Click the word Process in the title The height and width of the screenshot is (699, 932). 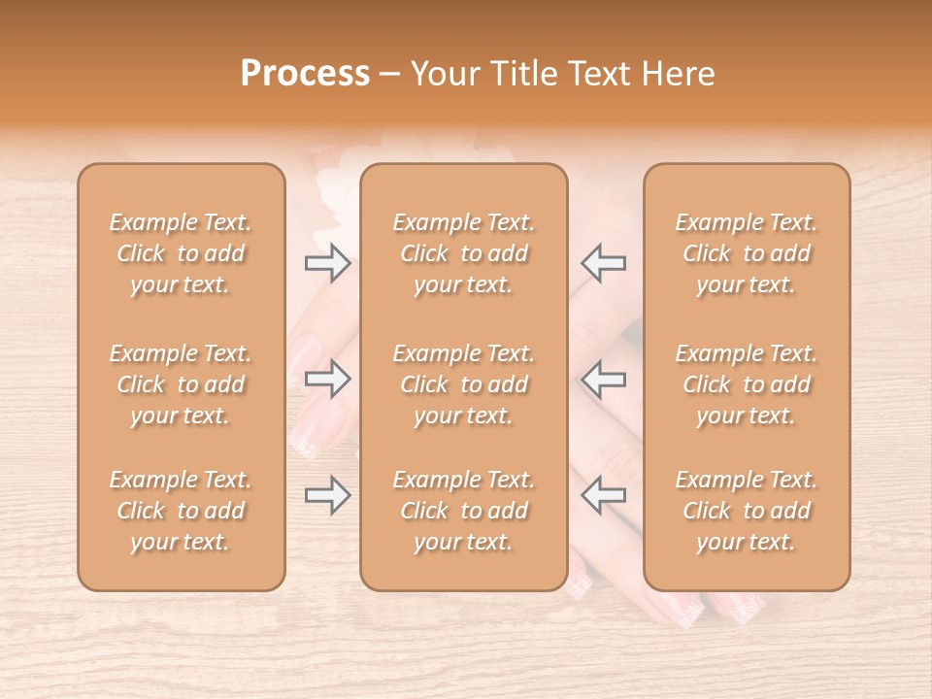coord(305,74)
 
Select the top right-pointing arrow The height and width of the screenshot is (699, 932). coord(327,263)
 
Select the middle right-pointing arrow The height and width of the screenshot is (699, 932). coord(327,379)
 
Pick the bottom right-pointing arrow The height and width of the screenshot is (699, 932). coord(327,495)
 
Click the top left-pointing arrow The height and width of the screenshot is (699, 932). coord(604,263)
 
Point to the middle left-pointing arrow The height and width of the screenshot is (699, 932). coord(604,379)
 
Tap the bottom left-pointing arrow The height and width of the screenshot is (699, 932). coord(604,495)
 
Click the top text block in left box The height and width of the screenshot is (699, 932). coord(181,253)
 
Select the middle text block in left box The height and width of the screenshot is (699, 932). coord(181,384)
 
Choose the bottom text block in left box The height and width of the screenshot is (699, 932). coord(181,511)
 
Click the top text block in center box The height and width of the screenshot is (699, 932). coord(463,253)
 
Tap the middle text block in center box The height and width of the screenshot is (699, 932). coord(463,384)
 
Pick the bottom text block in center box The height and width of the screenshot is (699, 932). coord(463,511)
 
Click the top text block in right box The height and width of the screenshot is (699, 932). coord(746,253)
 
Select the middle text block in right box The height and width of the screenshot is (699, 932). coord(746,384)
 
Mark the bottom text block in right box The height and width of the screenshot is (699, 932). coord(746,511)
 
